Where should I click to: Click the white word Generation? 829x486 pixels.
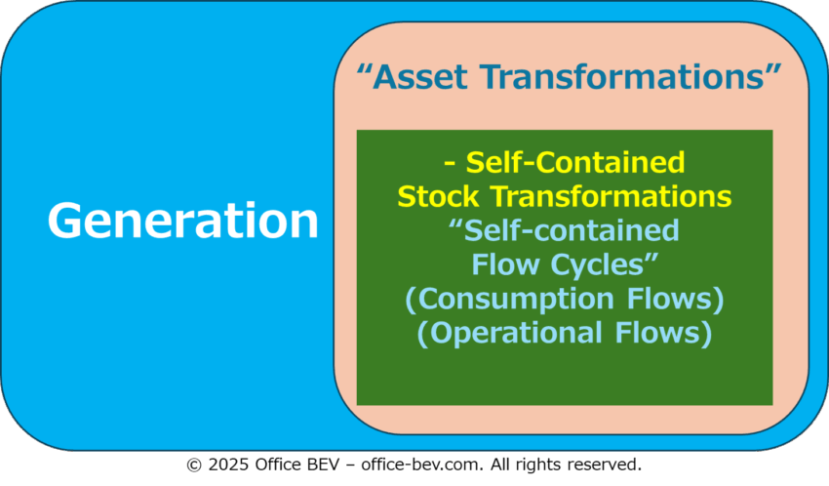tap(183, 221)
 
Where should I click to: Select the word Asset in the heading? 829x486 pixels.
tap(420, 77)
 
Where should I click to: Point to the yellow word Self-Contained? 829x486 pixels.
tap(575, 162)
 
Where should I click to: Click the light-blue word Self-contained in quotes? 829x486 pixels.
tap(571, 230)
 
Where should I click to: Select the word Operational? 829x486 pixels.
tap(516, 333)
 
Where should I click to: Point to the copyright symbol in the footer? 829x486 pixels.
tap(194, 465)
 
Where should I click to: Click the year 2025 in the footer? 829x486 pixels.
tap(228, 465)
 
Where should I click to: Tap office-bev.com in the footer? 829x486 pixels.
tap(422, 465)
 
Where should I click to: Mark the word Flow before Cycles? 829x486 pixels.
tap(505, 264)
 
